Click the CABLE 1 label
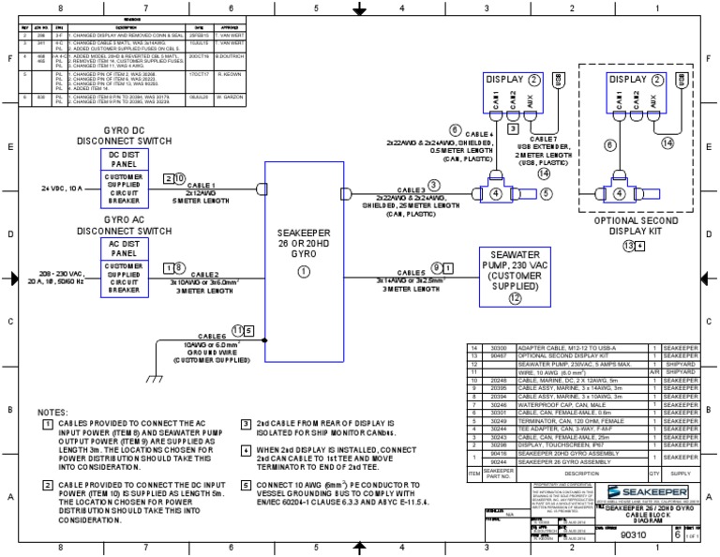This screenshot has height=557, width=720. (x=204, y=186)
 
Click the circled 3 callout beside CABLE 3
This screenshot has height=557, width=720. (x=433, y=185)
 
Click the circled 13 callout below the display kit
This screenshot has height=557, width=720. (x=628, y=246)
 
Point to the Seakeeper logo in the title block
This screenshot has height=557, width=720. (x=646, y=491)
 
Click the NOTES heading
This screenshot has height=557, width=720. (x=52, y=413)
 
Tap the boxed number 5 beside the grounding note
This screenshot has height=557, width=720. (x=246, y=485)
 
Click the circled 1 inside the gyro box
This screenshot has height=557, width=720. (x=303, y=271)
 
